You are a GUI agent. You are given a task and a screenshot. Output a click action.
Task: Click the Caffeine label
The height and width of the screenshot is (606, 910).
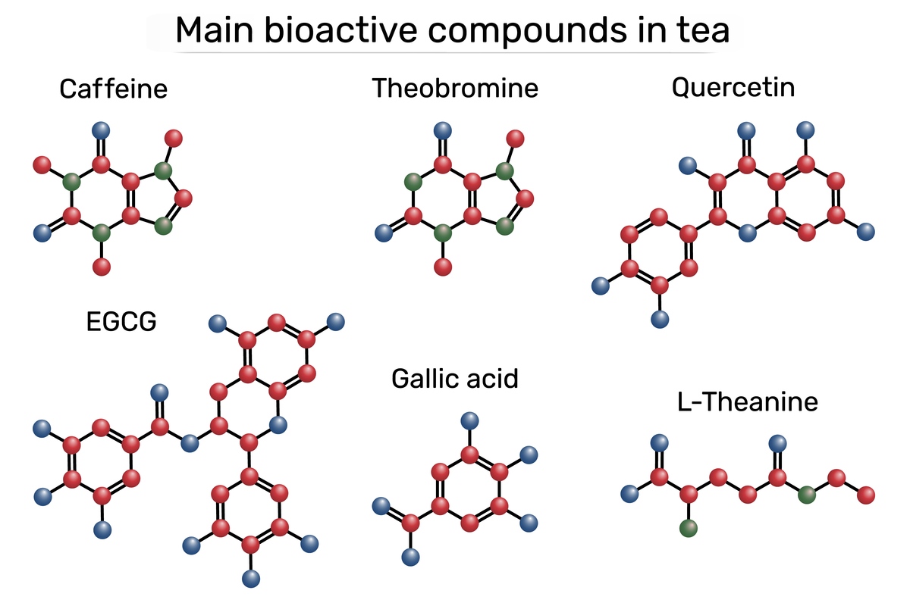tap(114, 89)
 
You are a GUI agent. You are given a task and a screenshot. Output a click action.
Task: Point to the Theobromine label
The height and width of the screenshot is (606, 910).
tap(455, 88)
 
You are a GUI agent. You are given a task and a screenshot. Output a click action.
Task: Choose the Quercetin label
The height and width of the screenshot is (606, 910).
tap(733, 87)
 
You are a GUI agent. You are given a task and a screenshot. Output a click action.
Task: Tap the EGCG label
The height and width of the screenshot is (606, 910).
tap(122, 322)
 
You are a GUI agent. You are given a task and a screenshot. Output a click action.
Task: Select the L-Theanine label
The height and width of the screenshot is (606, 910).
tap(748, 401)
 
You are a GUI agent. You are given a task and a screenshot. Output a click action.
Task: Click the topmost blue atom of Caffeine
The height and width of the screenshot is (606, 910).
tap(100, 130)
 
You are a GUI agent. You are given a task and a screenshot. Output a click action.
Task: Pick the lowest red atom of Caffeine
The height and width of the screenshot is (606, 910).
tap(101, 267)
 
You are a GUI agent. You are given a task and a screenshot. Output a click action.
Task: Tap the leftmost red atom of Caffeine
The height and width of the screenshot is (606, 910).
tap(42, 164)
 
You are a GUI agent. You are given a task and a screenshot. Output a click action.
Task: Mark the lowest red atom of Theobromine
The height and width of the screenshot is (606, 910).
tap(443, 267)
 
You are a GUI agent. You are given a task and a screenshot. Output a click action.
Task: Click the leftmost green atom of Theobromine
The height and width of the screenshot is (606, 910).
tap(413, 182)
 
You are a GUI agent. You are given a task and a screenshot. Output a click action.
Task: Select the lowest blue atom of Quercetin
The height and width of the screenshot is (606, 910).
tap(660, 319)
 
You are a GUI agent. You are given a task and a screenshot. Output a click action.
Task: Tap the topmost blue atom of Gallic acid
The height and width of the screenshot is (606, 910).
tap(470, 420)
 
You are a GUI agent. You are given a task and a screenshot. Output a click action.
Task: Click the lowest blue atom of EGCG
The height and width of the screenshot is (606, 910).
tap(251, 579)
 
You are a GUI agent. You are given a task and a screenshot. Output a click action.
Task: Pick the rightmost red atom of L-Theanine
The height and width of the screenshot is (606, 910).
tap(866, 495)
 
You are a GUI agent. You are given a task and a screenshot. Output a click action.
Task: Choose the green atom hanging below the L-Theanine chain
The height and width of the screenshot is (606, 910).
tap(689, 529)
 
